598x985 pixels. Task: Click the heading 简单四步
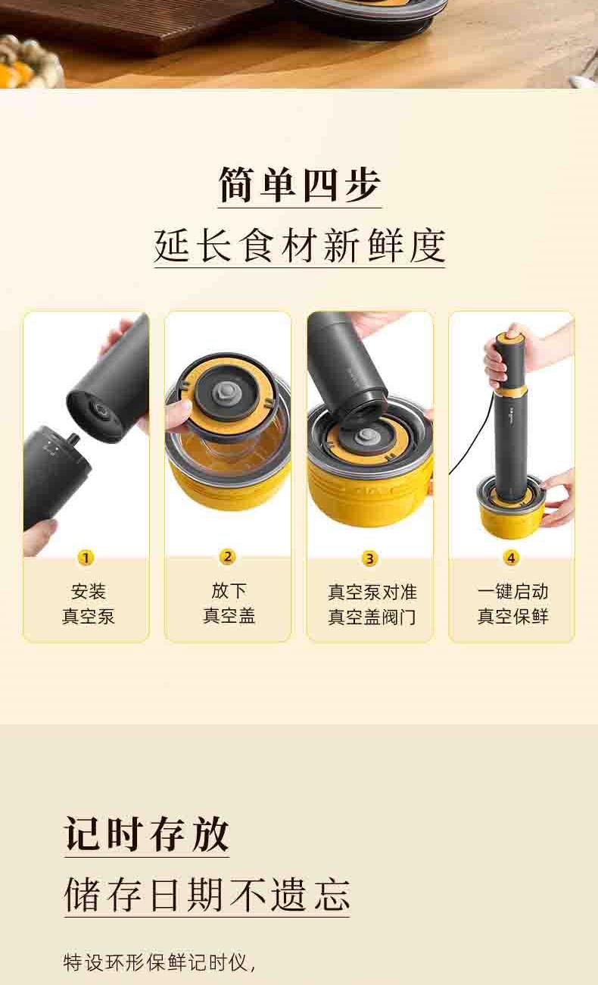pos(300,185)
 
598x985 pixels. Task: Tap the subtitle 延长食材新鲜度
pos(300,245)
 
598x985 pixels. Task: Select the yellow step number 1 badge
pos(86,558)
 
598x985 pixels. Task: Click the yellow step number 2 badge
pos(228,557)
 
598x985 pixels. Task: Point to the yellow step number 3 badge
pos(369,558)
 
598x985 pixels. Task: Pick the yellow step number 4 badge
pos(511,558)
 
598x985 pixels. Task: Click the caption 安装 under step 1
pos(89,592)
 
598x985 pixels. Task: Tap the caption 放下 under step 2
pos(229,590)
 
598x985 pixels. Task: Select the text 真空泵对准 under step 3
pos(372,592)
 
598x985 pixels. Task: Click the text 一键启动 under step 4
pos(512,592)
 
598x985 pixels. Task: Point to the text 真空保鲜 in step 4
pos(512,616)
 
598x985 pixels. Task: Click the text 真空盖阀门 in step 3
pos(372,617)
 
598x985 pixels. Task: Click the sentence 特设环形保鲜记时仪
pos(160,962)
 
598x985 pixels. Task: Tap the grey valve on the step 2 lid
pos(223,390)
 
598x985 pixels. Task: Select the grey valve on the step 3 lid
pos(365,437)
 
